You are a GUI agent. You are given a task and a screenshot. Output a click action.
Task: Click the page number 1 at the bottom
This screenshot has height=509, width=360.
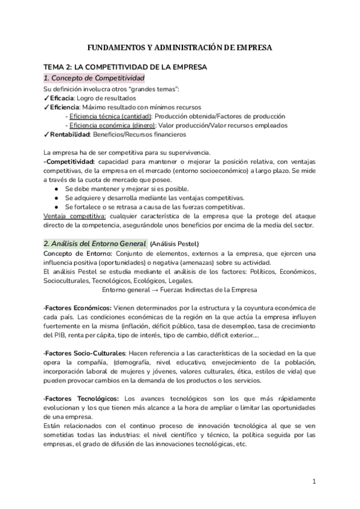coord(314,481)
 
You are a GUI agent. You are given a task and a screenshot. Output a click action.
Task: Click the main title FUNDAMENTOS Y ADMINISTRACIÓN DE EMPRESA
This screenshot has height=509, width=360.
coord(179,47)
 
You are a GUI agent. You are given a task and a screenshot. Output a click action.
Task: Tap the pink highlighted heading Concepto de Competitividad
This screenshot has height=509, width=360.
coord(94,78)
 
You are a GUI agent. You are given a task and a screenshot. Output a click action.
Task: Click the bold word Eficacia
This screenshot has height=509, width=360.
coord(62,98)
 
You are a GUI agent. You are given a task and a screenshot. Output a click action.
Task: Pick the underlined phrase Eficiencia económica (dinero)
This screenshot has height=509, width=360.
coord(112,125)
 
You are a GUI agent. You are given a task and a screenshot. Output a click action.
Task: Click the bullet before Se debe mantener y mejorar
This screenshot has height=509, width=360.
coord(56,189)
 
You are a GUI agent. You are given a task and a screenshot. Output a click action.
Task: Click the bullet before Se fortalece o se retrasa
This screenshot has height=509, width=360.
coord(56,207)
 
